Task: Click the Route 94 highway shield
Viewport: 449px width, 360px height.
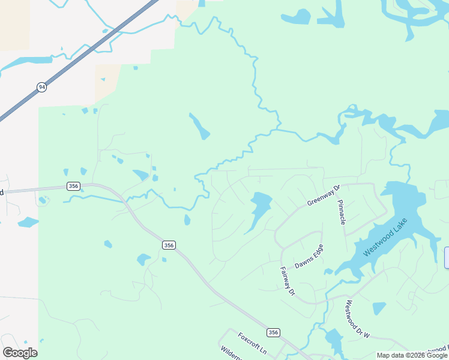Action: pyautogui.click(x=41, y=87)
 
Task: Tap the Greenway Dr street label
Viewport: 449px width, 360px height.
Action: pyautogui.click(x=324, y=195)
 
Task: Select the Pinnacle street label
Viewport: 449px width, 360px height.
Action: pyautogui.click(x=342, y=212)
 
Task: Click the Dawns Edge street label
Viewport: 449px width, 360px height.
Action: pyautogui.click(x=309, y=256)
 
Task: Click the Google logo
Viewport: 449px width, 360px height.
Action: pyautogui.click(x=20, y=353)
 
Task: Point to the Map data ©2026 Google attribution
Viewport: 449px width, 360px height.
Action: pyautogui.click(x=412, y=355)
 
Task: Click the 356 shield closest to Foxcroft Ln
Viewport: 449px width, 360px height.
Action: pyautogui.click(x=273, y=332)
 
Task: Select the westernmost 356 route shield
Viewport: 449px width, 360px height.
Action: pyautogui.click(x=73, y=186)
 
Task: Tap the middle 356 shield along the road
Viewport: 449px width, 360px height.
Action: pyautogui.click(x=169, y=245)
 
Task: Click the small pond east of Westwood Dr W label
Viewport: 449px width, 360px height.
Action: pyautogui.click(x=379, y=308)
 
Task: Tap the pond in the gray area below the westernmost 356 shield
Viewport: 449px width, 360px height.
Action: pyautogui.click(x=28, y=223)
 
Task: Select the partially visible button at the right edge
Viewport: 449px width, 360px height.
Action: pyautogui.click(x=447, y=257)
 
